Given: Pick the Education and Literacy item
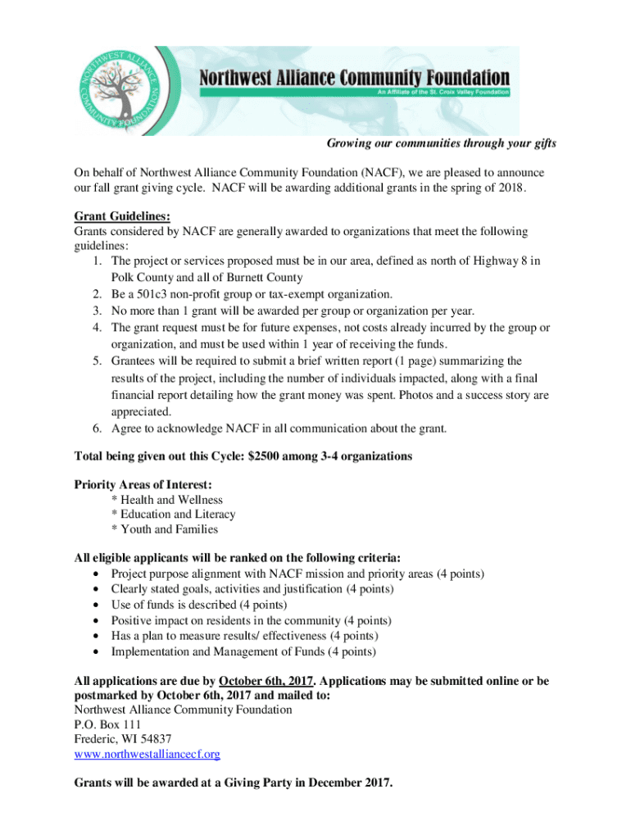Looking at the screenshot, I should coord(173,515).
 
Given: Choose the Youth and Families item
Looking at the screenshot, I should coord(165,529).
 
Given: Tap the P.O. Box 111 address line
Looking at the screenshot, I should coord(107,724).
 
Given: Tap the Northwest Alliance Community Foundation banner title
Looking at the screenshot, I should coord(355,79).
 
